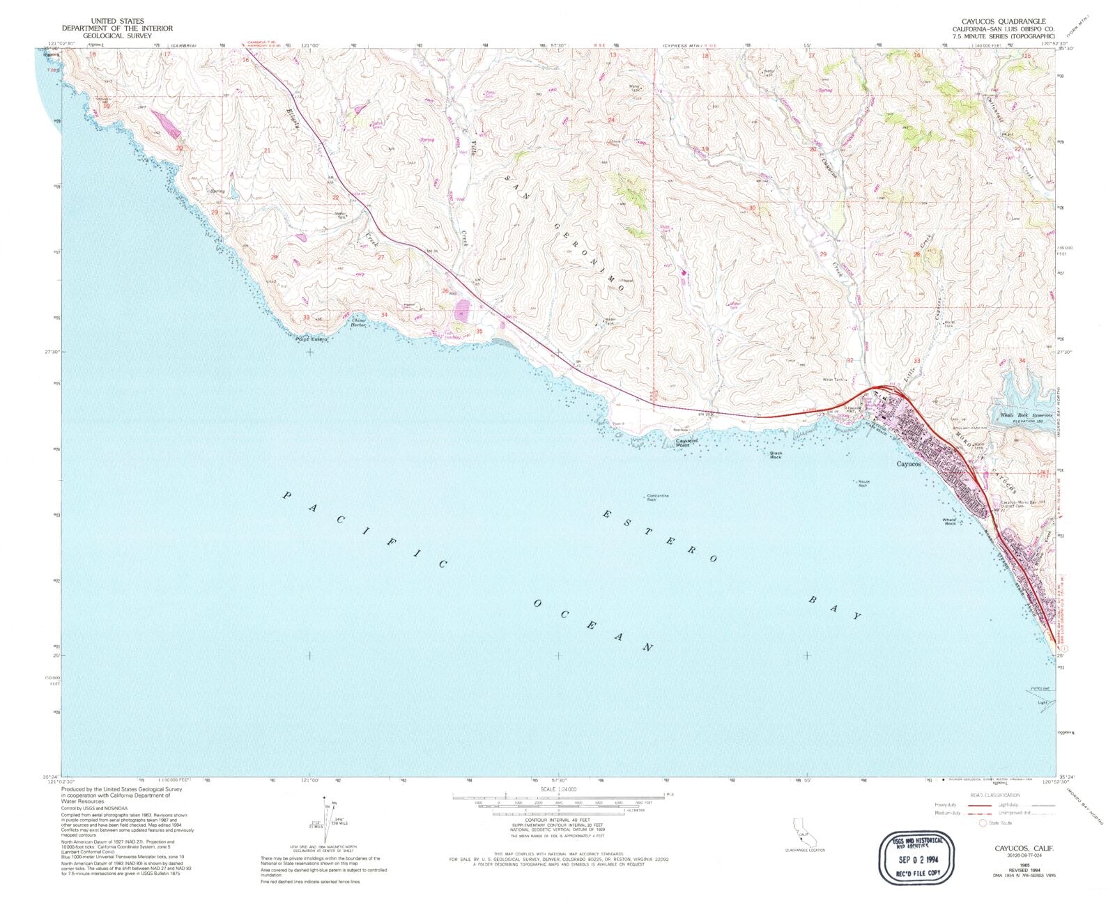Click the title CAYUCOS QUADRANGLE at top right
pos(1003,22)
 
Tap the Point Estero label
pos(311,339)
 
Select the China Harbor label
pos(358,323)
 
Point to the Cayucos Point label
pos(686,443)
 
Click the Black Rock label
pos(776,455)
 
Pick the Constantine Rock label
pos(657,497)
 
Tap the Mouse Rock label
pos(863,483)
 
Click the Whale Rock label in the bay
pos(949,521)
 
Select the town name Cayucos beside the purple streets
pos(908,463)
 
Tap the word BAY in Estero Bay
pos(835,607)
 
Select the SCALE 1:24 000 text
pos(557,789)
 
